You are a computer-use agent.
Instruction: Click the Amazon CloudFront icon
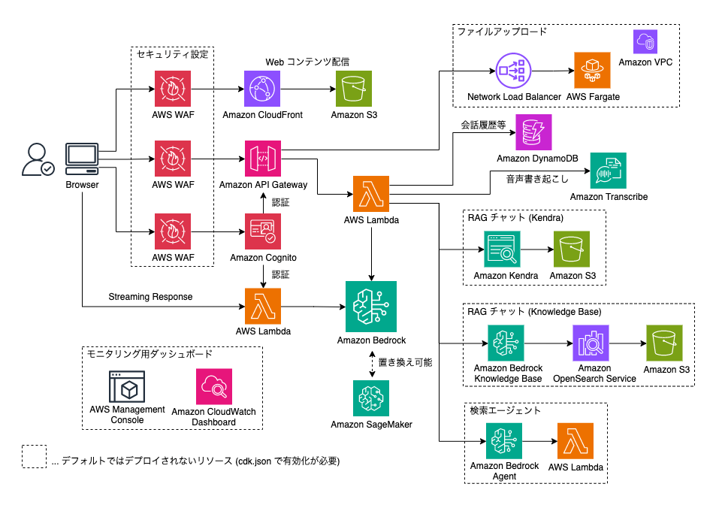click(x=262, y=89)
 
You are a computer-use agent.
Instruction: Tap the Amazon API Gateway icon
click(x=262, y=159)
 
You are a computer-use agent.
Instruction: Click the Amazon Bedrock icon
click(x=370, y=306)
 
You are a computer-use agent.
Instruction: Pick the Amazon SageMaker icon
click(x=370, y=398)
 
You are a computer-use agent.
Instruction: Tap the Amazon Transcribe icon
click(x=609, y=171)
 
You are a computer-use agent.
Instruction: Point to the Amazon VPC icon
click(x=645, y=41)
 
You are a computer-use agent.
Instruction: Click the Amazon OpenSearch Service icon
click(x=591, y=343)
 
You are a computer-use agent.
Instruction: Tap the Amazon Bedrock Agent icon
click(x=503, y=441)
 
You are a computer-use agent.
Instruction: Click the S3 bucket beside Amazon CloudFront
click(x=354, y=89)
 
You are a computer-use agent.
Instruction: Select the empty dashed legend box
click(x=34, y=457)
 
